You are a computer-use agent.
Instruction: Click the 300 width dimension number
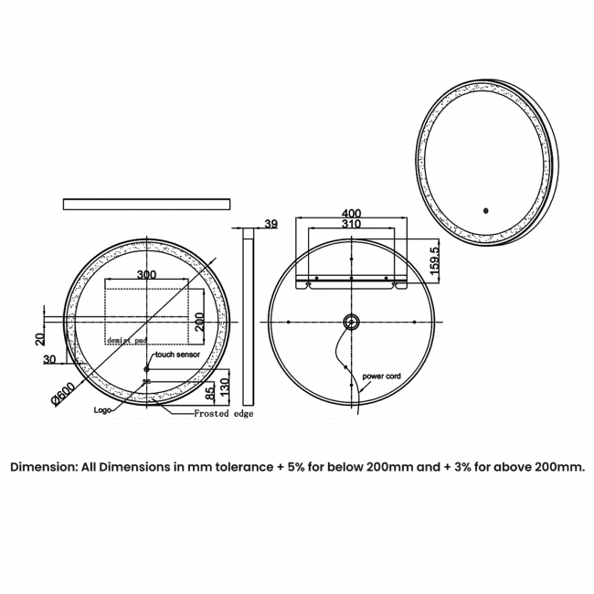pos(146,274)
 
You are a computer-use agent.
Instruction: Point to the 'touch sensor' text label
pos(177,354)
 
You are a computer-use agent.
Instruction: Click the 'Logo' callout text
pos(103,410)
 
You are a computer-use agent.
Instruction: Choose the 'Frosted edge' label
pos(223,414)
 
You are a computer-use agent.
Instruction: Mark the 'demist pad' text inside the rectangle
pos(126,339)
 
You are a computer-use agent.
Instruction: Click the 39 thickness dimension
pos(270,223)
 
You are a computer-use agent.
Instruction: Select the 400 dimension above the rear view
pos(351,213)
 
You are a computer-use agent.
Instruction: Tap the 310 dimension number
pos(351,224)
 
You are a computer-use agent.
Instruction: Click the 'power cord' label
pos(381,376)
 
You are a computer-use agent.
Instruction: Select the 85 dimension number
pos(211,392)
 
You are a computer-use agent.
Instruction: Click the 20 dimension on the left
pos(39,338)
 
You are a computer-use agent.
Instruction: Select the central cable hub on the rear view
pos(351,323)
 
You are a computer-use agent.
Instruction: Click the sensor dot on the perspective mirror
pos(486,209)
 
